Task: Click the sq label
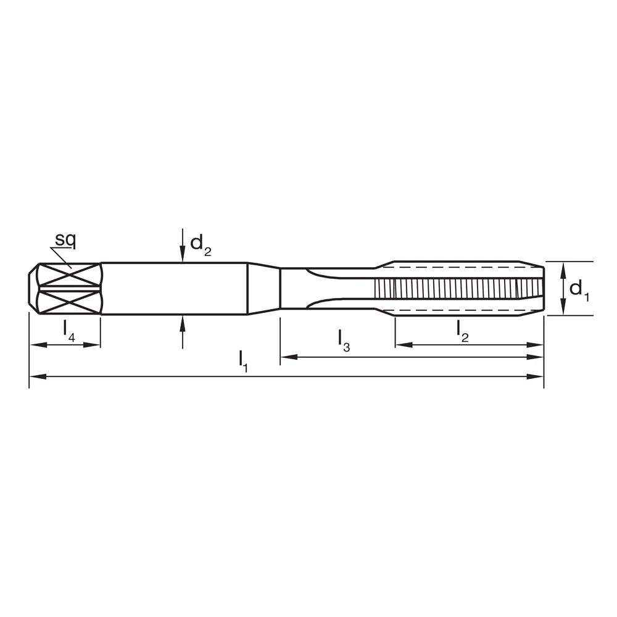[65, 239]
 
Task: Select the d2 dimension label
[200, 244]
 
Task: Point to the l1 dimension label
[243, 361]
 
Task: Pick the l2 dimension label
[462, 329]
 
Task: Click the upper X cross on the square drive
[68, 275]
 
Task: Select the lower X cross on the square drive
[68, 302]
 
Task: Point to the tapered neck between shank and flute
[264, 288]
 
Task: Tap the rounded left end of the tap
[34, 288]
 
